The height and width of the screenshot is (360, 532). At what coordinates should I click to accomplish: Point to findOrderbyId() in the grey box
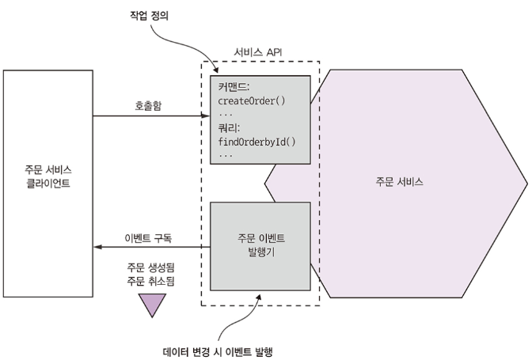coord(255,142)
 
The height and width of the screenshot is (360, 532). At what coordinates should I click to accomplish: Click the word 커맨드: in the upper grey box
coord(235,87)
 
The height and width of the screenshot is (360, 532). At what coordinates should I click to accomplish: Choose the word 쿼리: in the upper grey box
coord(230,127)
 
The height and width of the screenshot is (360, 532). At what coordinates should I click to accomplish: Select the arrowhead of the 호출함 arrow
coord(206,117)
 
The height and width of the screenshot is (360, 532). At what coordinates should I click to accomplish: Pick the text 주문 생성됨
coord(150,267)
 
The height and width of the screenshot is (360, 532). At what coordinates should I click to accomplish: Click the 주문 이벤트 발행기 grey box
coord(260,245)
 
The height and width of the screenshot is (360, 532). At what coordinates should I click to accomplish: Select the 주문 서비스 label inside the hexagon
coord(399,181)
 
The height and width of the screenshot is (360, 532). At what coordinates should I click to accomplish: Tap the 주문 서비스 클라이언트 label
coord(47,175)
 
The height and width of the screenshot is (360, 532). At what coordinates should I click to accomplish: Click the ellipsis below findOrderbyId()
coord(226,155)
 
